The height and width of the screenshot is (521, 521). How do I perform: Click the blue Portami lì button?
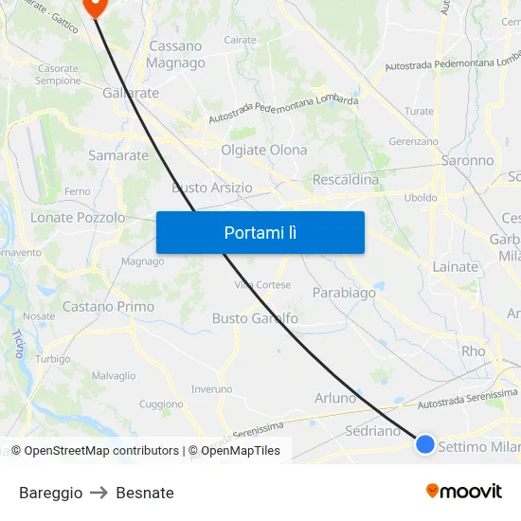(260, 232)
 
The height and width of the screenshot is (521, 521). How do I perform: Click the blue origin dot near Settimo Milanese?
(425, 443)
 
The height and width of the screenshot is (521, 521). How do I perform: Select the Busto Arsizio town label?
(212, 188)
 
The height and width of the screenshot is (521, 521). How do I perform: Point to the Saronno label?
(468, 161)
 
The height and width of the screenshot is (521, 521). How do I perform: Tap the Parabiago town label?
(344, 293)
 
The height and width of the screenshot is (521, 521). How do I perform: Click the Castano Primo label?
(108, 307)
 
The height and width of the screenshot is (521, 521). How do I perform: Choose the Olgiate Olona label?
(263, 150)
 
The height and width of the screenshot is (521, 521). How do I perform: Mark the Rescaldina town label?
(345, 180)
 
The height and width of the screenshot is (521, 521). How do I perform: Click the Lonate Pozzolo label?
(78, 218)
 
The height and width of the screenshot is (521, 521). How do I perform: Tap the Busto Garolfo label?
(255, 318)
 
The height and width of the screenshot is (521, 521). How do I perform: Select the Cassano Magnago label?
(175, 54)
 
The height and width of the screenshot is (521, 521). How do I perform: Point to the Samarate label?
(118, 155)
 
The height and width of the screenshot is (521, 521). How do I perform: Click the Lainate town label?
(456, 267)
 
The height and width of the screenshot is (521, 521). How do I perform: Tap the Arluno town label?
(335, 398)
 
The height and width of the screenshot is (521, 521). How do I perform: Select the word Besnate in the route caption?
(145, 493)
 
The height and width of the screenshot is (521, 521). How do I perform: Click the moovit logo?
(464, 491)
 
